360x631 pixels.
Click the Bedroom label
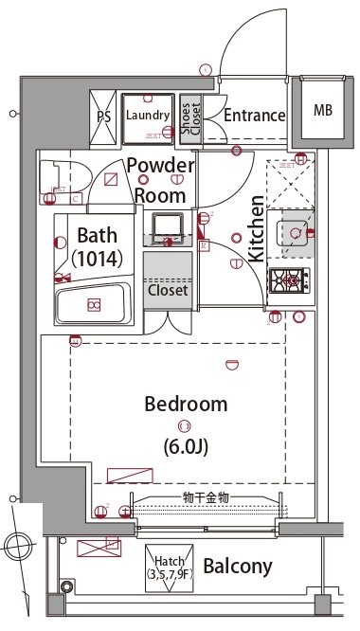186,405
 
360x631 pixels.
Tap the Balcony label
238,568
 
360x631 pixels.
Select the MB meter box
323,110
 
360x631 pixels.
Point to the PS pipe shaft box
103,117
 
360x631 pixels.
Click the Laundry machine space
147,117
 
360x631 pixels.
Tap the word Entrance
254,117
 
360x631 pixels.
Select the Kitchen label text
256,230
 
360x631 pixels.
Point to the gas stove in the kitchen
289,279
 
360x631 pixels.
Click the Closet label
168,291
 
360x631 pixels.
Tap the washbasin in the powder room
168,227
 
